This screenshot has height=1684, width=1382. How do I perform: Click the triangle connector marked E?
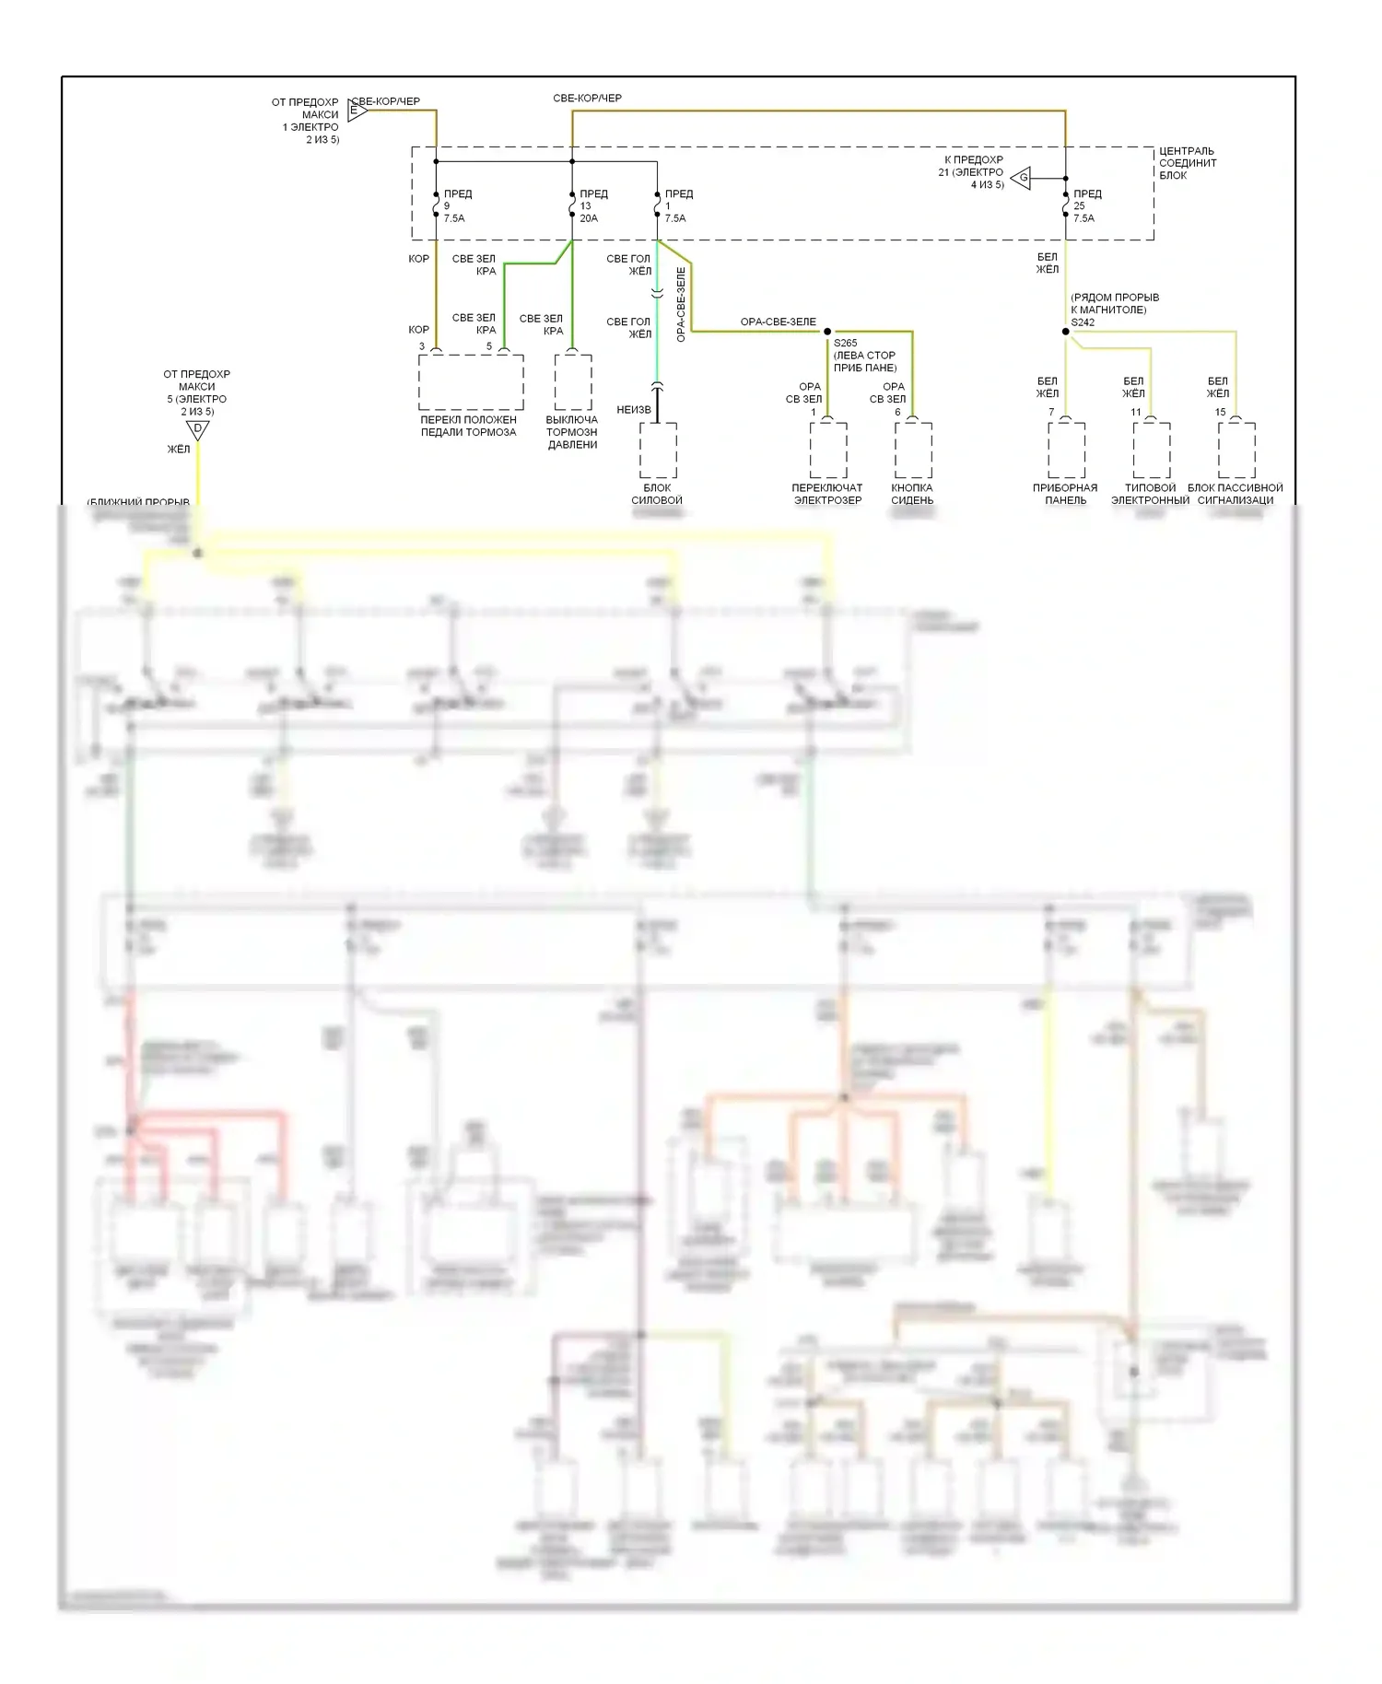point(357,111)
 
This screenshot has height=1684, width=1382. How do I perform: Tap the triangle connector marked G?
point(1022,178)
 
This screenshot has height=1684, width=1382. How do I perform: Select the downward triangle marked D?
point(197,429)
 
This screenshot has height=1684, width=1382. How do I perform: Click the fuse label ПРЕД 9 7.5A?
point(456,206)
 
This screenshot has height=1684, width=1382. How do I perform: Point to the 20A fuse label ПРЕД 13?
point(592,206)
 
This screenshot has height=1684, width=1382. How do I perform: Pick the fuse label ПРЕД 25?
point(1086,206)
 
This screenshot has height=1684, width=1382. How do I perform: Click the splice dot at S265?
point(827,332)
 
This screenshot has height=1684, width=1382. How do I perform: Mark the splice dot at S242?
point(1066,332)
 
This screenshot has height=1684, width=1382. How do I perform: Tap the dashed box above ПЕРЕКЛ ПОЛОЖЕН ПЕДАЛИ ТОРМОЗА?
point(471,382)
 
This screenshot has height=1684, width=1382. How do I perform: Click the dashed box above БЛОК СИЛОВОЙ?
point(658,450)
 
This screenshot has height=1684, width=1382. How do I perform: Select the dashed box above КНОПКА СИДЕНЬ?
point(913,450)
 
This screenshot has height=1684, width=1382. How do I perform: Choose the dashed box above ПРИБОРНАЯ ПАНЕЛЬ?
point(1066,450)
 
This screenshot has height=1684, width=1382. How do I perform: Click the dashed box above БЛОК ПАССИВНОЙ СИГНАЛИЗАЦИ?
point(1236,450)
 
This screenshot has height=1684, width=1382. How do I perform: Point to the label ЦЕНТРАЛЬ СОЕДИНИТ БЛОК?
point(1187,163)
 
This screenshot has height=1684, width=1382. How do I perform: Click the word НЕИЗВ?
point(634,410)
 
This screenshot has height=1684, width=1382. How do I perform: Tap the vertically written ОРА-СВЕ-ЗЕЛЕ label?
point(681,305)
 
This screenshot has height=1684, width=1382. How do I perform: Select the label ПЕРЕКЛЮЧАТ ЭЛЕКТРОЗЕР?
point(827,495)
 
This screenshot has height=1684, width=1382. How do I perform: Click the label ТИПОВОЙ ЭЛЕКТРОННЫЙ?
point(1150,495)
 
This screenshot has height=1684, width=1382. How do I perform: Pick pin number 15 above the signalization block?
point(1220,413)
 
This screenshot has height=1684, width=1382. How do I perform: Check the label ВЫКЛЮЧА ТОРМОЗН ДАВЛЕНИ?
point(572,432)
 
